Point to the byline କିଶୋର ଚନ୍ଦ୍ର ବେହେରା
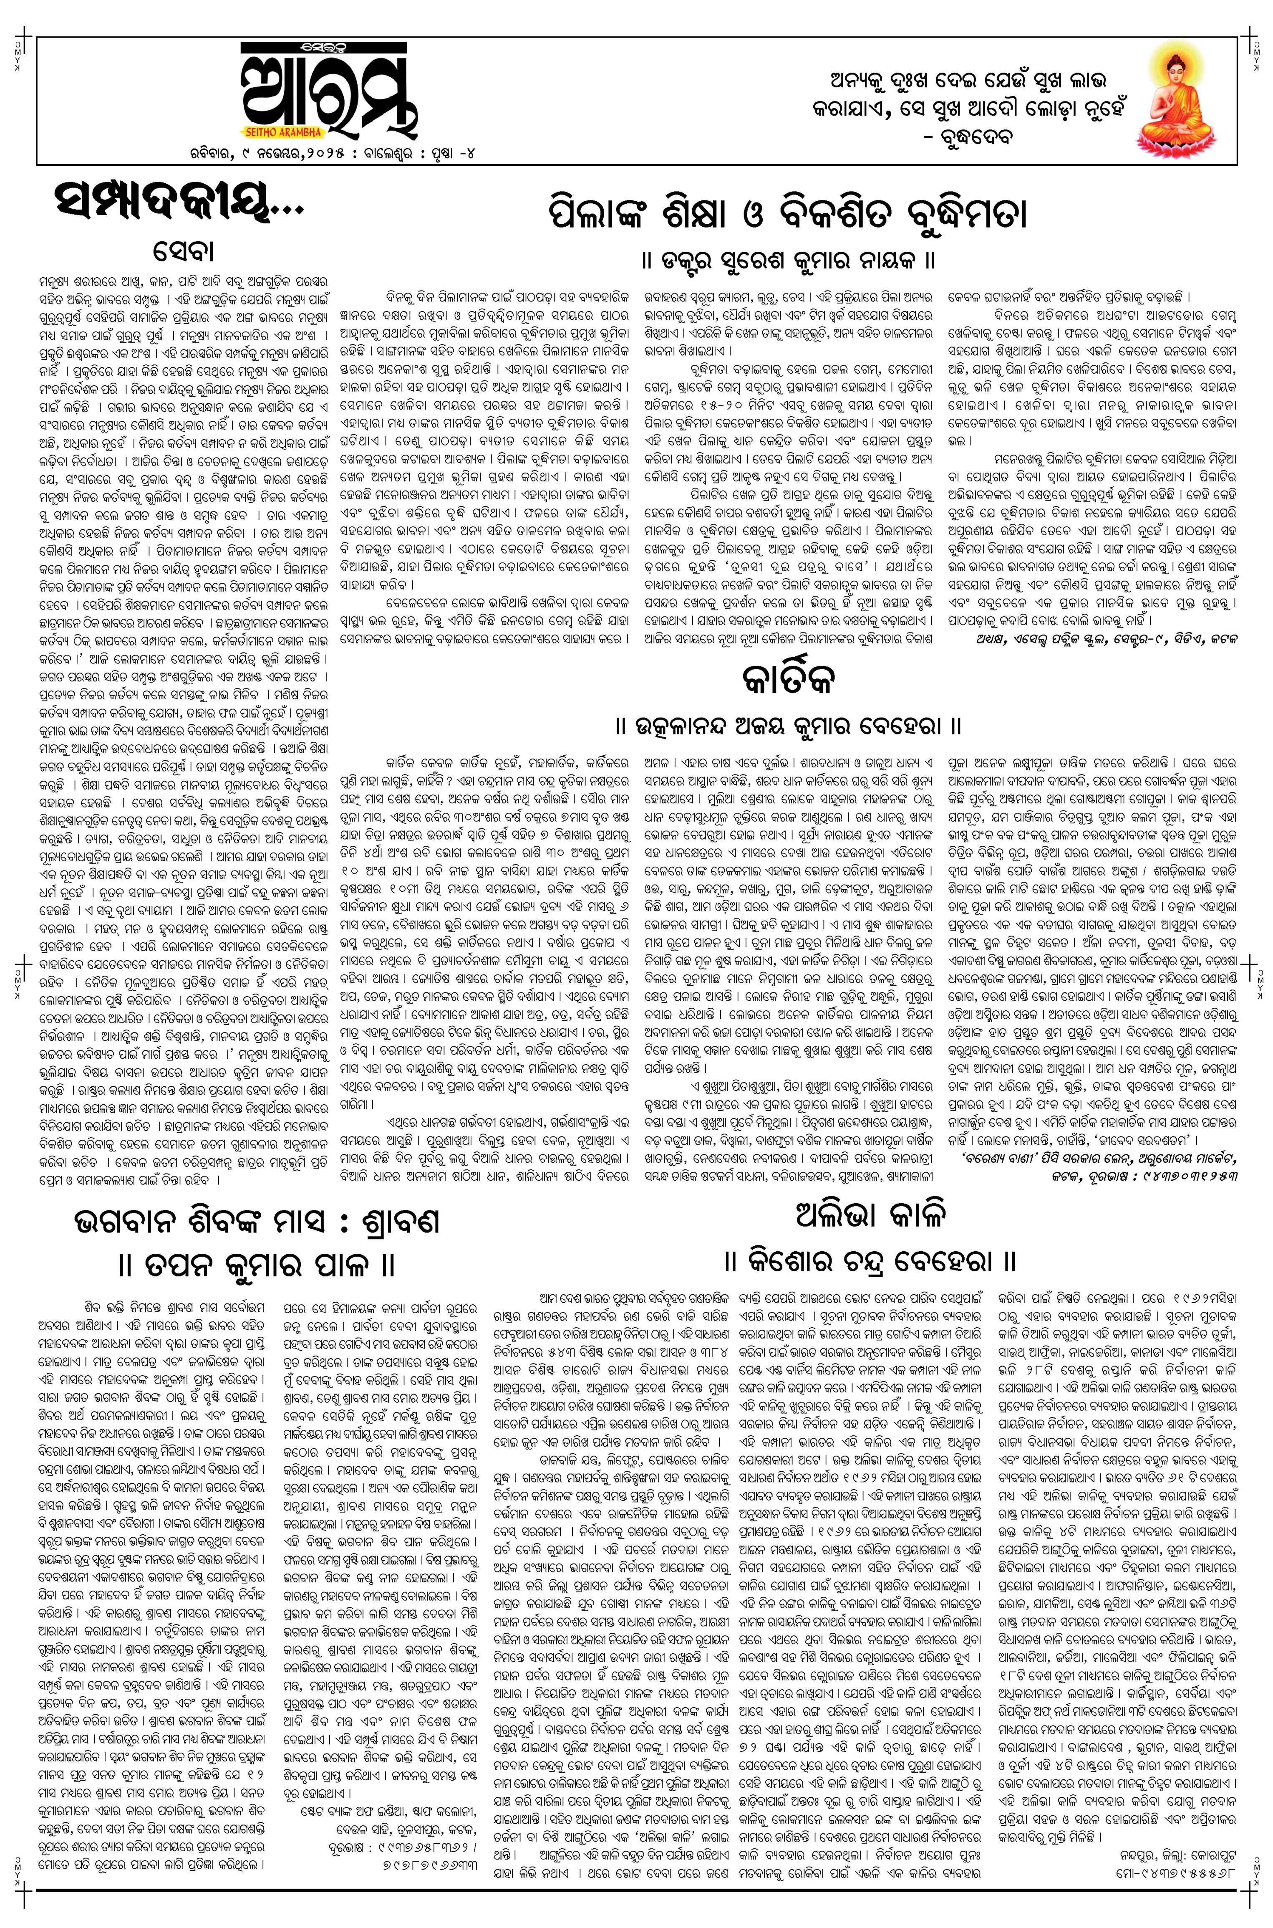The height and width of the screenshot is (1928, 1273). (x=871, y=1261)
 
